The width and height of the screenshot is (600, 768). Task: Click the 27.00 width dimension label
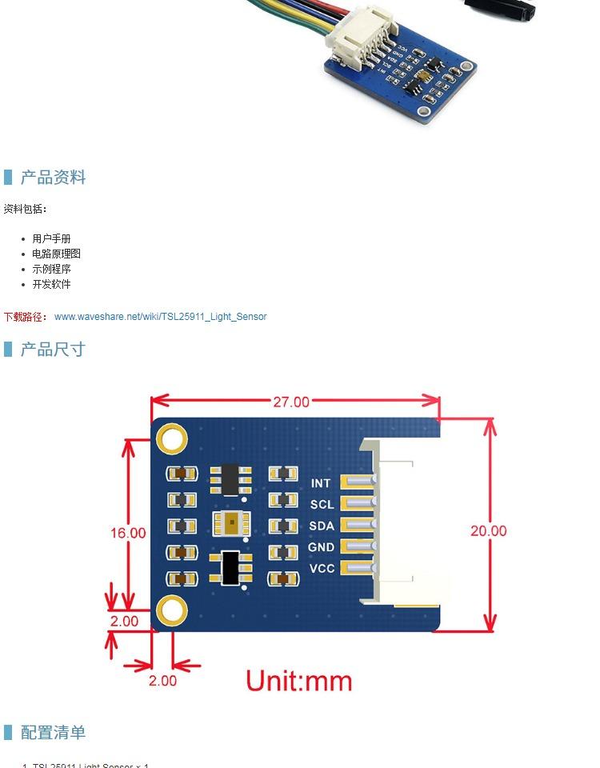tap(290, 402)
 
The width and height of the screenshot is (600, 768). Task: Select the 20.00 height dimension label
tap(488, 530)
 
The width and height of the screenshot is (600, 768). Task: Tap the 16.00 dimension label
tap(128, 532)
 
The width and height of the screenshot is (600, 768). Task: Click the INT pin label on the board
tap(321, 483)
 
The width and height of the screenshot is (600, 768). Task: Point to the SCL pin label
tap(322, 505)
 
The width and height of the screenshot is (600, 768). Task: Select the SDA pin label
tap(322, 526)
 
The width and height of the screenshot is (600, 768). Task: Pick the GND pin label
tap(322, 548)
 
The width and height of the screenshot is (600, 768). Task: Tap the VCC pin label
tap(322, 569)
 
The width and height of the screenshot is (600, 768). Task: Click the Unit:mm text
tap(298, 681)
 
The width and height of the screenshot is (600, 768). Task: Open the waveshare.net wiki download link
tap(160, 317)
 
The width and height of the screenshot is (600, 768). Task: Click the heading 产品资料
tap(53, 178)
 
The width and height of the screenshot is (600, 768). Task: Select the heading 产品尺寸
tap(53, 350)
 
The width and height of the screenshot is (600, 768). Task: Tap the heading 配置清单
tap(53, 733)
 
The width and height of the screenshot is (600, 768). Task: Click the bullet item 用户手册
tap(51, 238)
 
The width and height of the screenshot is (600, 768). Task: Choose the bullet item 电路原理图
tap(56, 254)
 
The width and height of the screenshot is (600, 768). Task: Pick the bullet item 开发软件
tap(51, 284)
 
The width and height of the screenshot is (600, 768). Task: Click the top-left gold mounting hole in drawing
tap(172, 438)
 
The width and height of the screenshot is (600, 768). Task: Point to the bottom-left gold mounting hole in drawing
tap(172, 611)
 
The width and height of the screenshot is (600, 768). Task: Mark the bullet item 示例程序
tap(51, 269)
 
